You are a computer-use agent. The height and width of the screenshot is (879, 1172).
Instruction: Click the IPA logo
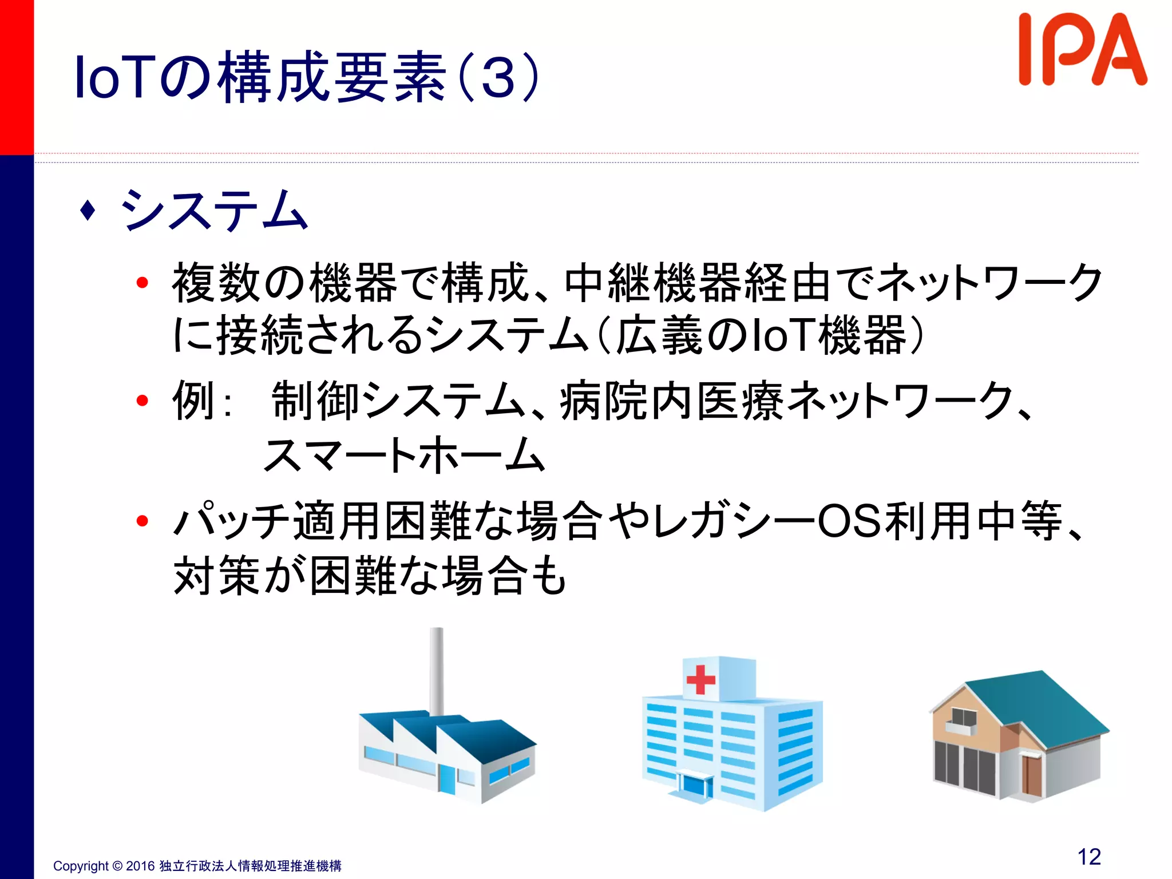click(1082, 50)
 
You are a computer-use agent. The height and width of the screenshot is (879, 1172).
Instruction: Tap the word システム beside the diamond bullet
click(214, 211)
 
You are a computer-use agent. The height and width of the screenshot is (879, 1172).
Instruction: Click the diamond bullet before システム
click(88, 210)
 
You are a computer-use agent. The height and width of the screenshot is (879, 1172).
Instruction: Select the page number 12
click(1089, 857)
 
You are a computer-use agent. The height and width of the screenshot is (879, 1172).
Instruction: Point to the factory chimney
click(437, 670)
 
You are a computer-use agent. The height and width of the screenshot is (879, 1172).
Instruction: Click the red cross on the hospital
click(700, 679)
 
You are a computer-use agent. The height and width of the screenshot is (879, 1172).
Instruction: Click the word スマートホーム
click(404, 455)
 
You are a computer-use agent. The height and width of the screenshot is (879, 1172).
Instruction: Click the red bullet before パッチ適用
click(142, 521)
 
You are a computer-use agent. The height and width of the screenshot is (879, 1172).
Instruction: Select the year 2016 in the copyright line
click(140, 866)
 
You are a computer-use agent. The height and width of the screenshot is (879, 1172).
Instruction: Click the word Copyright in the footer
click(81, 866)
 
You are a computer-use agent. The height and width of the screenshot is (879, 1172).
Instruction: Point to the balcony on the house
click(961, 727)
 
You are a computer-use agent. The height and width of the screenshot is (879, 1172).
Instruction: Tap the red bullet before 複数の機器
click(142, 283)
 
